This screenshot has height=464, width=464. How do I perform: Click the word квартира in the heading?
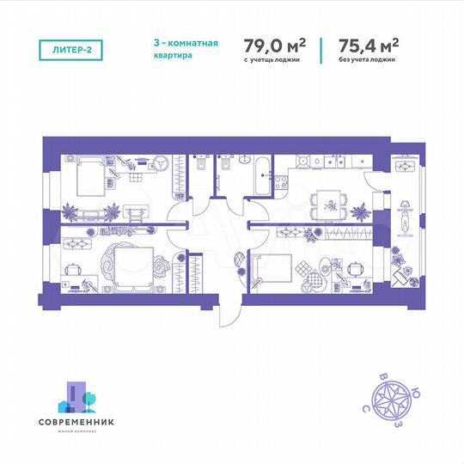point(169,56)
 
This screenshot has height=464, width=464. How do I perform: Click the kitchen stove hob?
point(280,178)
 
